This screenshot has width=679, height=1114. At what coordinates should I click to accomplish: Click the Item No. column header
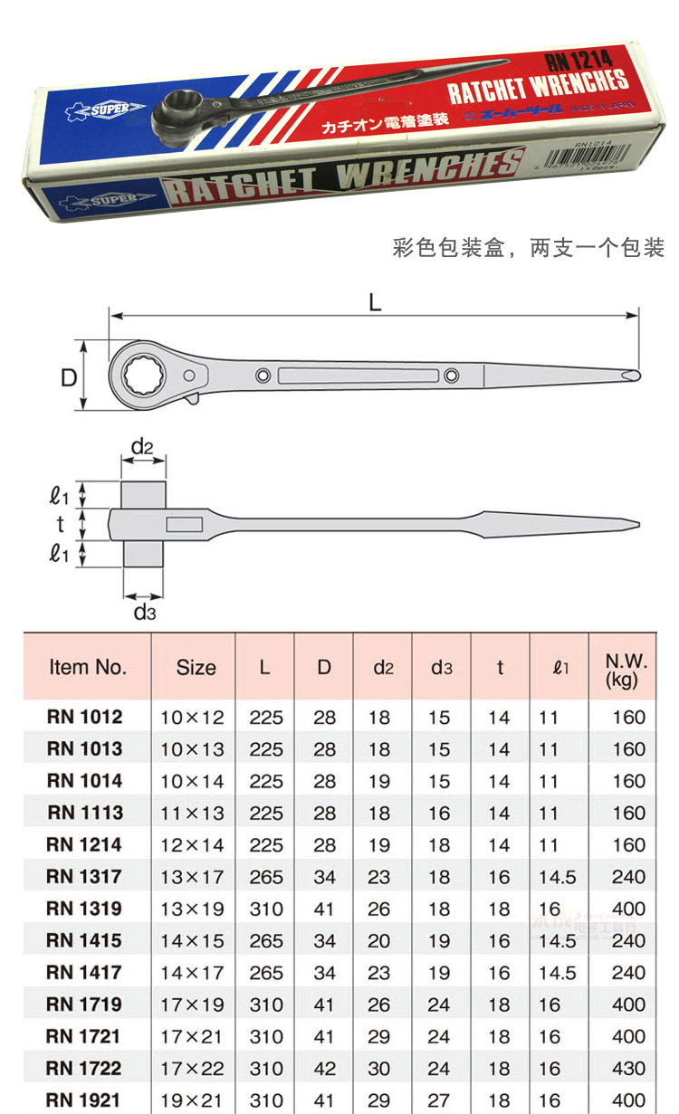click(87, 667)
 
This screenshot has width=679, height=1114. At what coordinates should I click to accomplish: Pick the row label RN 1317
click(85, 876)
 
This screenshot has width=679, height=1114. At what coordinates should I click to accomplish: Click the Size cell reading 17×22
click(191, 1068)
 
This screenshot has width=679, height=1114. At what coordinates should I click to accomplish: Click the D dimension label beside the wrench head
click(69, 376)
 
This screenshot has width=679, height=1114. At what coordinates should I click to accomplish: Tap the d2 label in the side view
click(142, 446)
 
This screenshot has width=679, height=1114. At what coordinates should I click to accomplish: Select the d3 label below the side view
click(145, 613)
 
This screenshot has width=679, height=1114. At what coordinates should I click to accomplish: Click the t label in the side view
click(61, 523)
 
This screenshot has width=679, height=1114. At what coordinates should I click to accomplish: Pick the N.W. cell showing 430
click(628, 1068)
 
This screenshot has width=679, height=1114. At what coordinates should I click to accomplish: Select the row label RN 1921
click(85, 1100)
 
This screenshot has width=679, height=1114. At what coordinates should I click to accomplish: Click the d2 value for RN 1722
click(379, 1068)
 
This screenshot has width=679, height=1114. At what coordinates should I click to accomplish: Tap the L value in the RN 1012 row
click(265, 718)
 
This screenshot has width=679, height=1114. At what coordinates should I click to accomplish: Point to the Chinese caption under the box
click(529, 247)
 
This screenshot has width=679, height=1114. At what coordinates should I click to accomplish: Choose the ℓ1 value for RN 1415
click(557, 940)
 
